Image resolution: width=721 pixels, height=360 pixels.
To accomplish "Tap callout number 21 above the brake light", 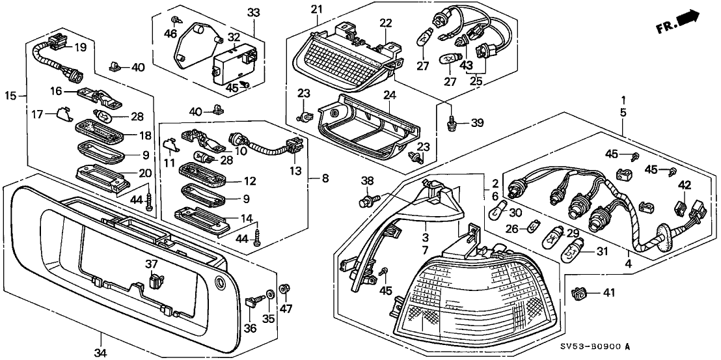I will point(316,9).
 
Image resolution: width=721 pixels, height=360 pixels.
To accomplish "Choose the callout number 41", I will point(608,294).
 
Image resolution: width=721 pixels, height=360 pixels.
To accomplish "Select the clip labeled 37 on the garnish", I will point(155,282).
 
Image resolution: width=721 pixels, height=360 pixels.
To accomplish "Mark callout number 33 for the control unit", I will point(253,12).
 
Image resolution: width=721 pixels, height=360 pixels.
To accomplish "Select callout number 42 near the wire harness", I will point(684,185).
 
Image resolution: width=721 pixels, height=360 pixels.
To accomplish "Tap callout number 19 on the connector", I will point(79,48).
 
